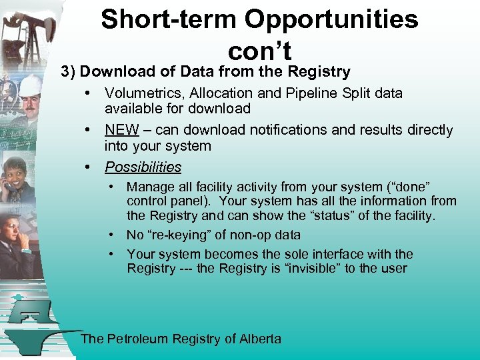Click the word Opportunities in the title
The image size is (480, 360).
point(331,20)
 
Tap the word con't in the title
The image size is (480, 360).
point(259,51)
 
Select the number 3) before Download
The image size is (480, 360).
point(70,72)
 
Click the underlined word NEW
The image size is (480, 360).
point(121,130)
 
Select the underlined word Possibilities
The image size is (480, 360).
point(143,167)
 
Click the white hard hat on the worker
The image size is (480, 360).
point(29,85)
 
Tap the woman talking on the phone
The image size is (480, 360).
point(20,177)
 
